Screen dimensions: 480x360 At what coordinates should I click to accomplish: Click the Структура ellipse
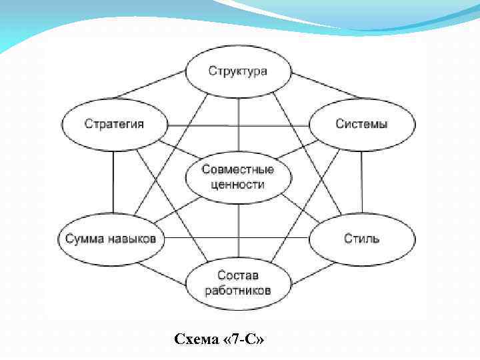point(238,71)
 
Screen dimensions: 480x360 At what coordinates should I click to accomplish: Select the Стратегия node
point(114,125)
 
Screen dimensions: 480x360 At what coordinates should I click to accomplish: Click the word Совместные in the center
point(238,170)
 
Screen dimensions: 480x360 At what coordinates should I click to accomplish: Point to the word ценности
point(238,185)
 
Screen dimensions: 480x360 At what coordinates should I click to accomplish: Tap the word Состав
point(238,275)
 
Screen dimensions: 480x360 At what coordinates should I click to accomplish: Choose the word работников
point(238,290)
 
